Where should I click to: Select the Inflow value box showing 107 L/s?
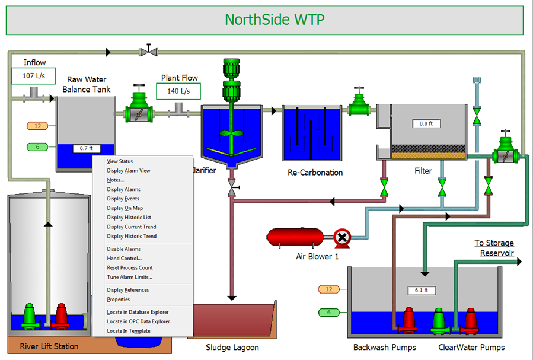33,76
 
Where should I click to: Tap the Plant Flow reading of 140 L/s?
178,91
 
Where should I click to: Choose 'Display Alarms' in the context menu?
123,189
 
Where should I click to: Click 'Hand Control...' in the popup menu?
123,258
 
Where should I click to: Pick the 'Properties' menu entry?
118,300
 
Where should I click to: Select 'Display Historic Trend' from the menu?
132,236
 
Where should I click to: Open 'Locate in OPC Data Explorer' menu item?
138,321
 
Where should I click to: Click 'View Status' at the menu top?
120,161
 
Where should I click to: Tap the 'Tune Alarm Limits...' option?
129,277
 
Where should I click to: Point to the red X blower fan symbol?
341,238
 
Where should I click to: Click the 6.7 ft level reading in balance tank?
86,148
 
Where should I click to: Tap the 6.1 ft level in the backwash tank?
422,291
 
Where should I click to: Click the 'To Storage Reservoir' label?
494,248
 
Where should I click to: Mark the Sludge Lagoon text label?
232,347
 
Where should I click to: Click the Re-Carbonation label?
315,173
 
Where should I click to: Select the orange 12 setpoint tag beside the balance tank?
38,126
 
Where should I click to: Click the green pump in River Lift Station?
28,316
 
